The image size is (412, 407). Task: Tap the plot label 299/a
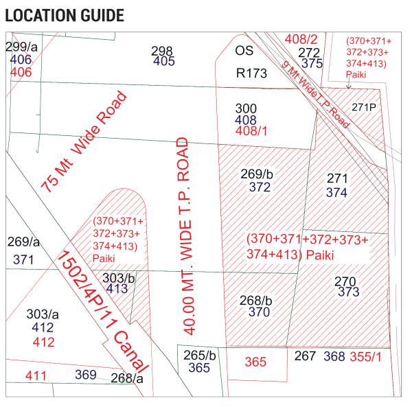21,47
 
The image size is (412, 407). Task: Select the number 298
162,51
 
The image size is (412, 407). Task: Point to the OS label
244,51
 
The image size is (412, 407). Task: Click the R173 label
251,73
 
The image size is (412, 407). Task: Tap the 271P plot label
364,107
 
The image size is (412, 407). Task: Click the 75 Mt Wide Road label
83,143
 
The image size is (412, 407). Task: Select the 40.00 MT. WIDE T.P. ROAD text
188,235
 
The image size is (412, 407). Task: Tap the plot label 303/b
118,277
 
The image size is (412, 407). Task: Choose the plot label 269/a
24,242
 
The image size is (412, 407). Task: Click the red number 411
36,375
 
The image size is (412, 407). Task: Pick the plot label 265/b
199,356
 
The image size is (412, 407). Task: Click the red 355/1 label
366,356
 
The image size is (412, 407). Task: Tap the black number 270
345,281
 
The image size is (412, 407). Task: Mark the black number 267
305,356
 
